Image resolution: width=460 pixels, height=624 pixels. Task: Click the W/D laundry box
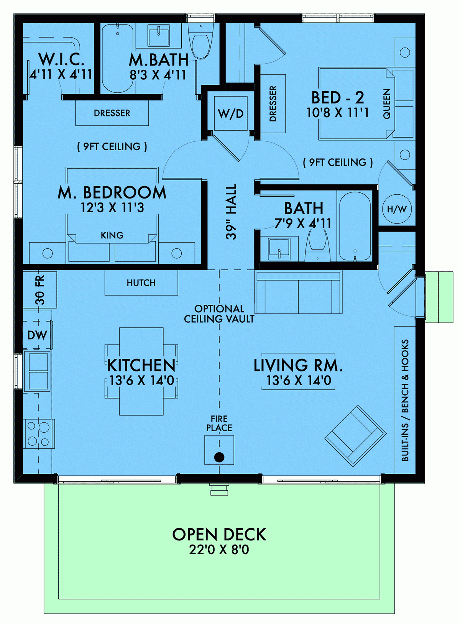[x=231, y=113]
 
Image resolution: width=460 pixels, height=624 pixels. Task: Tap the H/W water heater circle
[x=397, y=209]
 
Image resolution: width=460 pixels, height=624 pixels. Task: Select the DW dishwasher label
[x=37, y=335]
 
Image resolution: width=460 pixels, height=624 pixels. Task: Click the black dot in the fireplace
[x=219, y=457]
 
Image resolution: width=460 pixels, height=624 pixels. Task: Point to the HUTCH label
[x=141, y=283]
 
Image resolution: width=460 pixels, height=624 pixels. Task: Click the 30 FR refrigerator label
[x=40, y=290]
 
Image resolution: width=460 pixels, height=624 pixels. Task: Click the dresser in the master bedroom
[x=112, y=113]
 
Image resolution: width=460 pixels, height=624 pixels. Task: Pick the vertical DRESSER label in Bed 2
[x=273, y=103]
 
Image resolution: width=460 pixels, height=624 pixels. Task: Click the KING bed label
[x=112, y=235]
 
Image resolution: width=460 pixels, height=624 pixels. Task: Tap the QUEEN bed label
[x=387, y=103]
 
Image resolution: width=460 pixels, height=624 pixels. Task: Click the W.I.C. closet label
[x=61, y=59]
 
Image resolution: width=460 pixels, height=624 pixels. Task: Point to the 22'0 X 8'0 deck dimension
[x=219, y=550]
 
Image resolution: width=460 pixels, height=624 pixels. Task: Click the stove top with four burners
[x=39, y=434]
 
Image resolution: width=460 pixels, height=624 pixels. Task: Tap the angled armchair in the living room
[x=355, y=436]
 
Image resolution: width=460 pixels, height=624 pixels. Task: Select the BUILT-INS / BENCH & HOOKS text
[x=405, y=400]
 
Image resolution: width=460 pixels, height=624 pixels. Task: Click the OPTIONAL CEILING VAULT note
[x=219, y=314]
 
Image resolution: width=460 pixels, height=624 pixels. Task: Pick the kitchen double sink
[x=38, y=371]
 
